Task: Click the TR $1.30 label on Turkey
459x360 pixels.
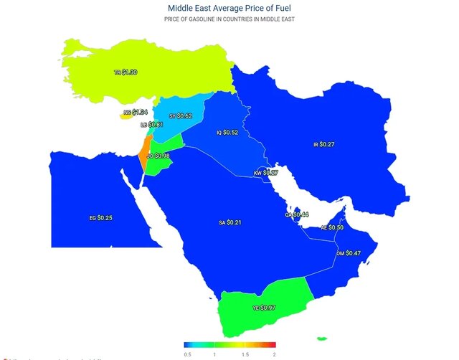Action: click(126, 72)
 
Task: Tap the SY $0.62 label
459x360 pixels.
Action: click(181, 115)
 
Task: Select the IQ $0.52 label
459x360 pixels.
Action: click(227, 133)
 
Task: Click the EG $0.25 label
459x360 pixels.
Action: click(100, 217)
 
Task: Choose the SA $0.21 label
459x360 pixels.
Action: click(229, 223)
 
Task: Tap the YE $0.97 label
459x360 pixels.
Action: click(264, 308)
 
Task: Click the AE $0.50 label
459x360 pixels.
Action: click(332, 227)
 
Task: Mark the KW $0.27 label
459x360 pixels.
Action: click(266, 173)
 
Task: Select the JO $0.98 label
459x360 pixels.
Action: click(158, 156)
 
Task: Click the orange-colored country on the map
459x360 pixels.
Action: click(145, 161)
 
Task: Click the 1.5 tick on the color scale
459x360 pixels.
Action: click(245, 354)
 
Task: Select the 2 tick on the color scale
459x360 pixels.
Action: click(274, 354)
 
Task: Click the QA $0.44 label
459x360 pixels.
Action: click(297, 214)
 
